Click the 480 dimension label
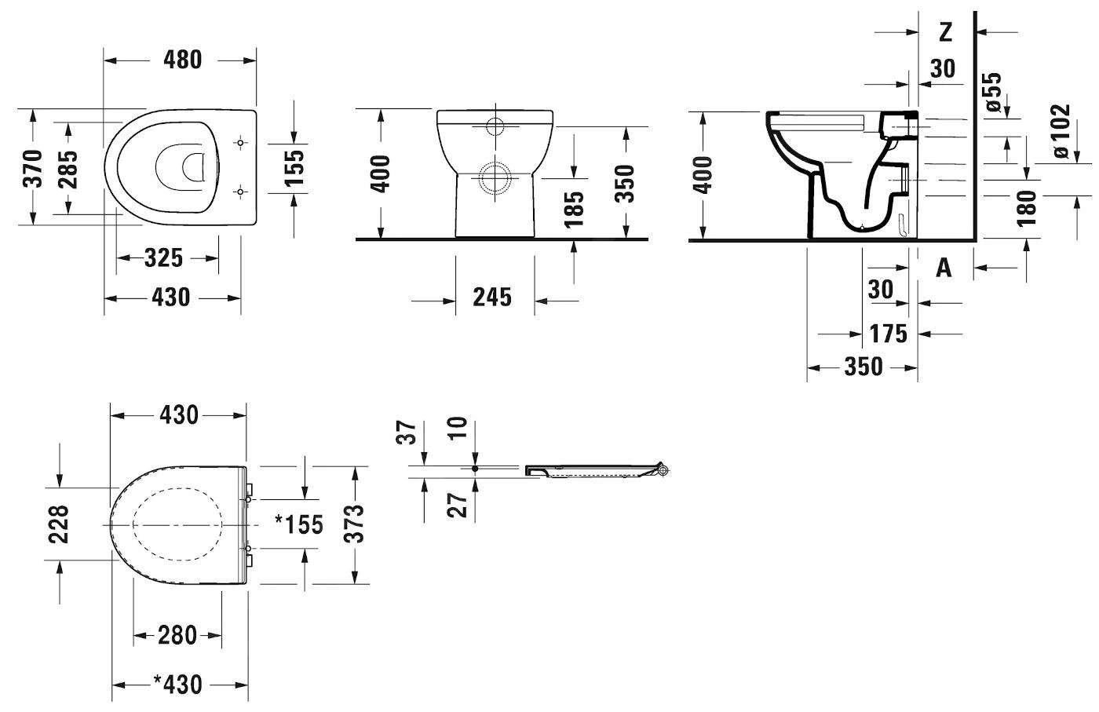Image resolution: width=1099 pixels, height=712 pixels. click(x=182, y=60)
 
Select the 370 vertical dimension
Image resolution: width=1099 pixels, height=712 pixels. click(x=33, y=168)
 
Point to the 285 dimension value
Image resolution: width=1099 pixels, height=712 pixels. click(x=68, y=168)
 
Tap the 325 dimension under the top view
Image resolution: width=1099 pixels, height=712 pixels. click(x=163, y=257)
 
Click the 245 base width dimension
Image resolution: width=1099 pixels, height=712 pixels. click(x=491, y=298)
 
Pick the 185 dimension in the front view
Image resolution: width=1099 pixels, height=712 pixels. click(x=575, y=208)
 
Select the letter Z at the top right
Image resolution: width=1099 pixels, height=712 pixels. click(x=945, y=32)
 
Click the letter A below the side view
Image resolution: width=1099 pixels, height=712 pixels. click(x=944, y=268)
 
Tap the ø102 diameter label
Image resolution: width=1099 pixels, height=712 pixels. click(x=1060, y=131)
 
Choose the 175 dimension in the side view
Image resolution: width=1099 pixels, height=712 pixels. click(x=888, y=334)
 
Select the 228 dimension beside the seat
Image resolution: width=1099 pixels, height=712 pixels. click(x=60, y=524)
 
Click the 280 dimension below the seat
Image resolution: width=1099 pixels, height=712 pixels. click(x=177, y=634)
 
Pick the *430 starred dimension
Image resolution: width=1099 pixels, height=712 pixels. click(x=177, y=685)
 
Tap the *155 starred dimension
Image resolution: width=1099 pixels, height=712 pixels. click(x=298, y=524)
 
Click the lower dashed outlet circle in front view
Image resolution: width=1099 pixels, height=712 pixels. click(x=496, y=177)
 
